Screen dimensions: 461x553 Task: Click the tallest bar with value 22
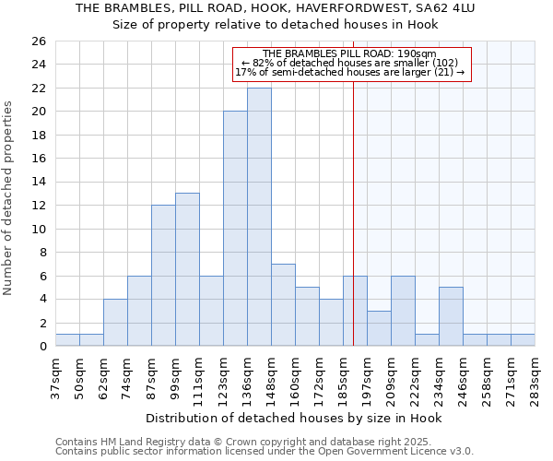[x=259, y=217]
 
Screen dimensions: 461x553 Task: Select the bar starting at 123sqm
[x=235, y=229]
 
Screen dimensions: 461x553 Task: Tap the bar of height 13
[x=187, y=269]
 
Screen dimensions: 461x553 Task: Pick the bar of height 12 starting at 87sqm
[x=163, y=276]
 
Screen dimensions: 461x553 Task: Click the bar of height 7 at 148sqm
[x=283, y=304]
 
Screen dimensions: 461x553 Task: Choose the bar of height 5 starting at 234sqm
[x=451, y=316]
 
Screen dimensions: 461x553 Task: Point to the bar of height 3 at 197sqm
[x=379, y=328]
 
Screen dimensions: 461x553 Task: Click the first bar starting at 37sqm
[x=67, y=339]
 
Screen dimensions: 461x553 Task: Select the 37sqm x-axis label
[x=56, y=376]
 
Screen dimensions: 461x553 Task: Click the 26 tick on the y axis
[x=39, y=41]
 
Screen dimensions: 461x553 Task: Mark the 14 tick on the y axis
[x=39, y=183]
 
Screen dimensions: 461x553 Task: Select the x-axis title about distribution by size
[x=294, y=418]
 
